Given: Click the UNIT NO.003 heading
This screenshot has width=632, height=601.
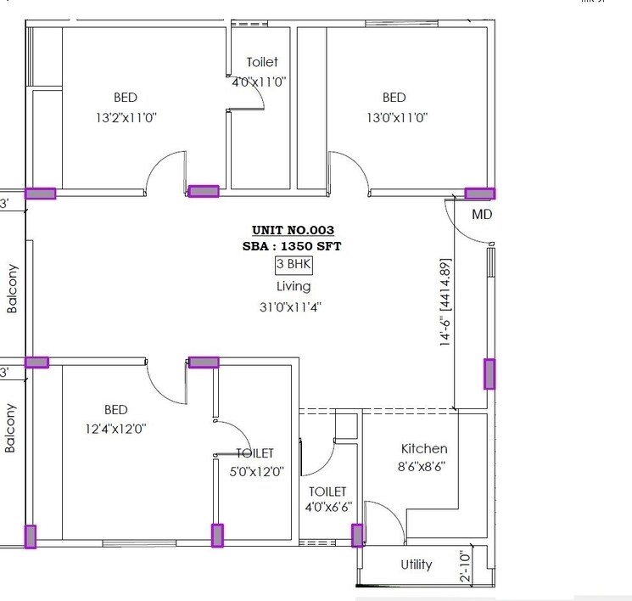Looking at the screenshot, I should click(x=293, y=230).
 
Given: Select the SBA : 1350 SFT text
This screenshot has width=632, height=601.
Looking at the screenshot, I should click(x=293, y=246).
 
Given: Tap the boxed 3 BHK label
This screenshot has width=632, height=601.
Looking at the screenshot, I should click(x=294, y=265).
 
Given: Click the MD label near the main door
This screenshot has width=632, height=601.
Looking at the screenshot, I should click(x=482, y=215).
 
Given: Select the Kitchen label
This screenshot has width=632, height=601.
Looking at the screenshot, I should click(x=424, y=448).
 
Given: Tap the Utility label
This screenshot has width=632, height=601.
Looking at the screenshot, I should click(x=416, y=564).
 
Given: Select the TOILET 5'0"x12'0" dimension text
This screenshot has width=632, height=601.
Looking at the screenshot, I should click(x=255, y=471).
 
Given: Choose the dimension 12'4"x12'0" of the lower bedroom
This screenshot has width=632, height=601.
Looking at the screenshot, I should click(x=115, y=429).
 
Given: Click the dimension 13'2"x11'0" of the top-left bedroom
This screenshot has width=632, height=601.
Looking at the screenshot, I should click(x=126, y=117).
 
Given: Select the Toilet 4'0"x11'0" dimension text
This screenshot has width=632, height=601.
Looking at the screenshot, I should click(x=260, y=82).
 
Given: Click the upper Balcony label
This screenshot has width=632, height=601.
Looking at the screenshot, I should click(x=12, y=289).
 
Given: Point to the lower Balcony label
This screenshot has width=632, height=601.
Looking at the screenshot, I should click(x=12, y=428).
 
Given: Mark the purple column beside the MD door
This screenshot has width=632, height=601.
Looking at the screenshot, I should click(x=480, y=194).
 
